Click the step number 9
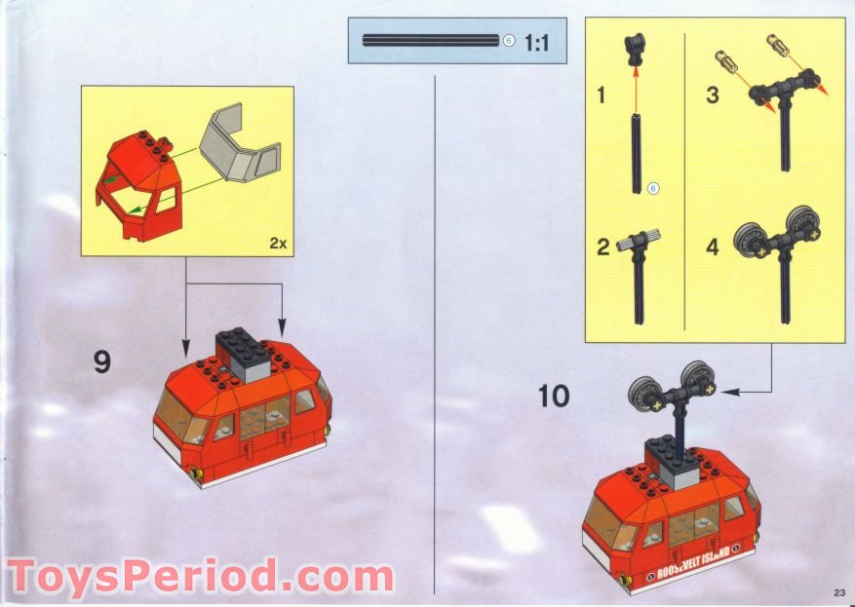(102, 361)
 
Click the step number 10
(554, 397)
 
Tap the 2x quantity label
(278, 243)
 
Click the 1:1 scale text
(536, 43)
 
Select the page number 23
(839, 592)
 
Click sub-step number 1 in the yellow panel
(601, 95)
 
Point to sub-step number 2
(602, 247)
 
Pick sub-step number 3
(712, 95)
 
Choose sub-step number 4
(712, 247)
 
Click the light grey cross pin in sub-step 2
(638, 241)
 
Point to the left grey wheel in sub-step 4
(749, 240)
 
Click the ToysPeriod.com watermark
(200, 575)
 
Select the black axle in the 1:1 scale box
(431, 40)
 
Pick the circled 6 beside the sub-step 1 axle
(653, 188)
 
